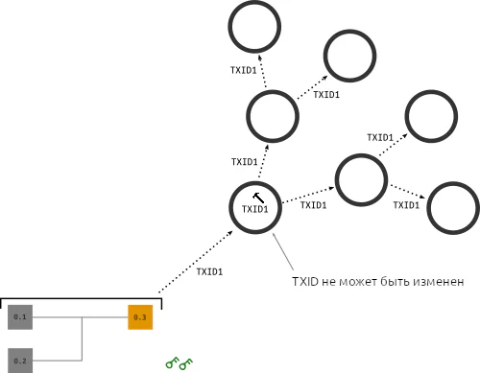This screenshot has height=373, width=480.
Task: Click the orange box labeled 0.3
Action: [x=140, y=317]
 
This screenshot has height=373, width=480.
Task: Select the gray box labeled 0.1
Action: [x=20, y=317]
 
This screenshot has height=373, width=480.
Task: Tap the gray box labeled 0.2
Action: [x=20, y=361]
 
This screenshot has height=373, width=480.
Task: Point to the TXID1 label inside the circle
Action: [x=255, y=209]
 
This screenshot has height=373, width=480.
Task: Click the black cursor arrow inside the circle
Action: [x=258, y=198]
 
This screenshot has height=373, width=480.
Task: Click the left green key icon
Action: [x=172, y=362]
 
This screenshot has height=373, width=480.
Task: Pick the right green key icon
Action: [x=186, y=364]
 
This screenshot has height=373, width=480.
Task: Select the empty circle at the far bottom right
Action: [x=428, y=208]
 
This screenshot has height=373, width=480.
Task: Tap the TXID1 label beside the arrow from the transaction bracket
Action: [x=209, y=271]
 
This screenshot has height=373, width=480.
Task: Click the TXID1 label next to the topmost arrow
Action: [x=244, y=70]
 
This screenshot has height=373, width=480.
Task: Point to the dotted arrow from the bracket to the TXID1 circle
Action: [x=196, y=262]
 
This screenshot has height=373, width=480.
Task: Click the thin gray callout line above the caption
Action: [x=283, y=251]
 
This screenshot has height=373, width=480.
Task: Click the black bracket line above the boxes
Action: [x=82, y=299]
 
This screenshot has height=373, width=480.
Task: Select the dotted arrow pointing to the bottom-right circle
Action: [x=407, y=192]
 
